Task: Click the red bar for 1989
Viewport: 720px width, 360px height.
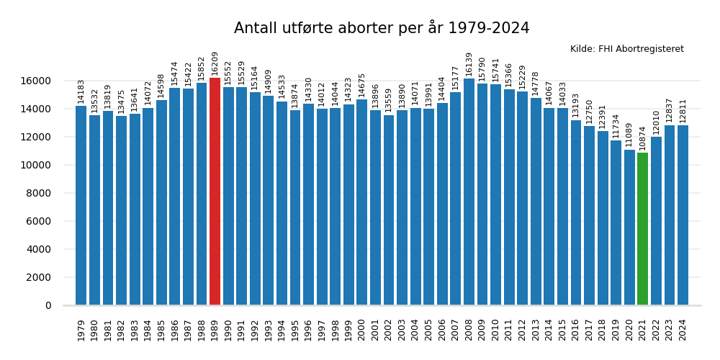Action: coord(215,192)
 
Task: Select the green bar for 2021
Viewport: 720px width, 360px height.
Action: coord(642,229)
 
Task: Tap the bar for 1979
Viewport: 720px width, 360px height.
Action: coord(81,206)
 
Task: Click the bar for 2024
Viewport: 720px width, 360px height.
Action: coord(683,215)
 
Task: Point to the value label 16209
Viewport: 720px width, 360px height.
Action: coord(215,63)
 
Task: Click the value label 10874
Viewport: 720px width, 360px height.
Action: coord(642,138)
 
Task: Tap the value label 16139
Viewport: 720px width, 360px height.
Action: coord(469,64)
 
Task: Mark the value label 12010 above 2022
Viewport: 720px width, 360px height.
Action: coord(656,122)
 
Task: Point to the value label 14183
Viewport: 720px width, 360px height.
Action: coord(81,91)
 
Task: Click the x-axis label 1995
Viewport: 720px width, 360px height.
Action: coord(295,330)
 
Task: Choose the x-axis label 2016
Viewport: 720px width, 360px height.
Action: coord(576,330)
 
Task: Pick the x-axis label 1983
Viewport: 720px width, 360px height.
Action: coord(135,330)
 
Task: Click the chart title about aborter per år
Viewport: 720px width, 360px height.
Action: coord(382,28)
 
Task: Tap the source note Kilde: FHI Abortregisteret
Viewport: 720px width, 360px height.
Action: coord(626,49)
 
